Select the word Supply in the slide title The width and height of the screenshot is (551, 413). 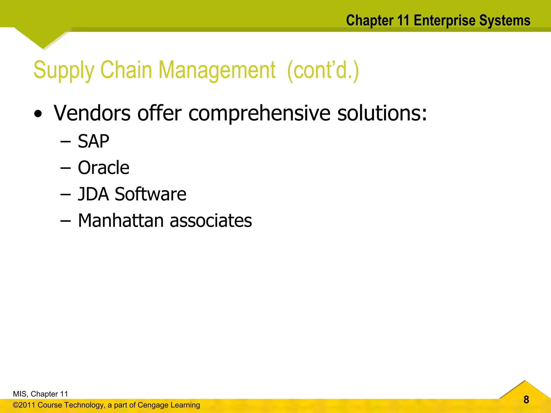point(63,70)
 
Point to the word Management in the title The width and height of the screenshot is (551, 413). point(217,70)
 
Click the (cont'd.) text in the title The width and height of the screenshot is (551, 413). point(323,70)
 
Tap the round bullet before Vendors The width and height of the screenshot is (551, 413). point(38,114)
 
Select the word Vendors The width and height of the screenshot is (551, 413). point(92,113)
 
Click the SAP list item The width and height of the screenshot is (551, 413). point(93,141)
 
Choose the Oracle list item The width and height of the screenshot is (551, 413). point(104,168)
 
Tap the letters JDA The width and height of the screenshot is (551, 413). point(93,194)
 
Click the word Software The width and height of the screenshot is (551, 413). point(150,194)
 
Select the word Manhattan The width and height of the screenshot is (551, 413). point(121,220)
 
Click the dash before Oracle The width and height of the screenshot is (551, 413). point(65,168)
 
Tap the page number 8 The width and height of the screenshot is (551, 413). point(526,400)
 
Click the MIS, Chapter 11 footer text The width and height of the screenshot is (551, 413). point(40,394)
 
